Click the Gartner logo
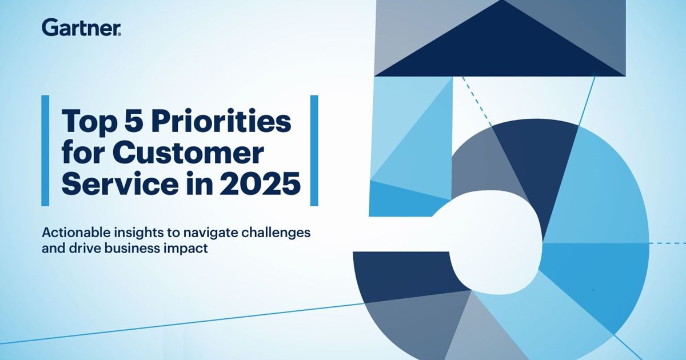tap(81, 27)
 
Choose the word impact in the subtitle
tap(186, 249)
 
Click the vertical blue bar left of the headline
tap(45, 151)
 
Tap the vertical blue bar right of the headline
tap(314, 151)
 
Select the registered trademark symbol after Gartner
tap(119, 34)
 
